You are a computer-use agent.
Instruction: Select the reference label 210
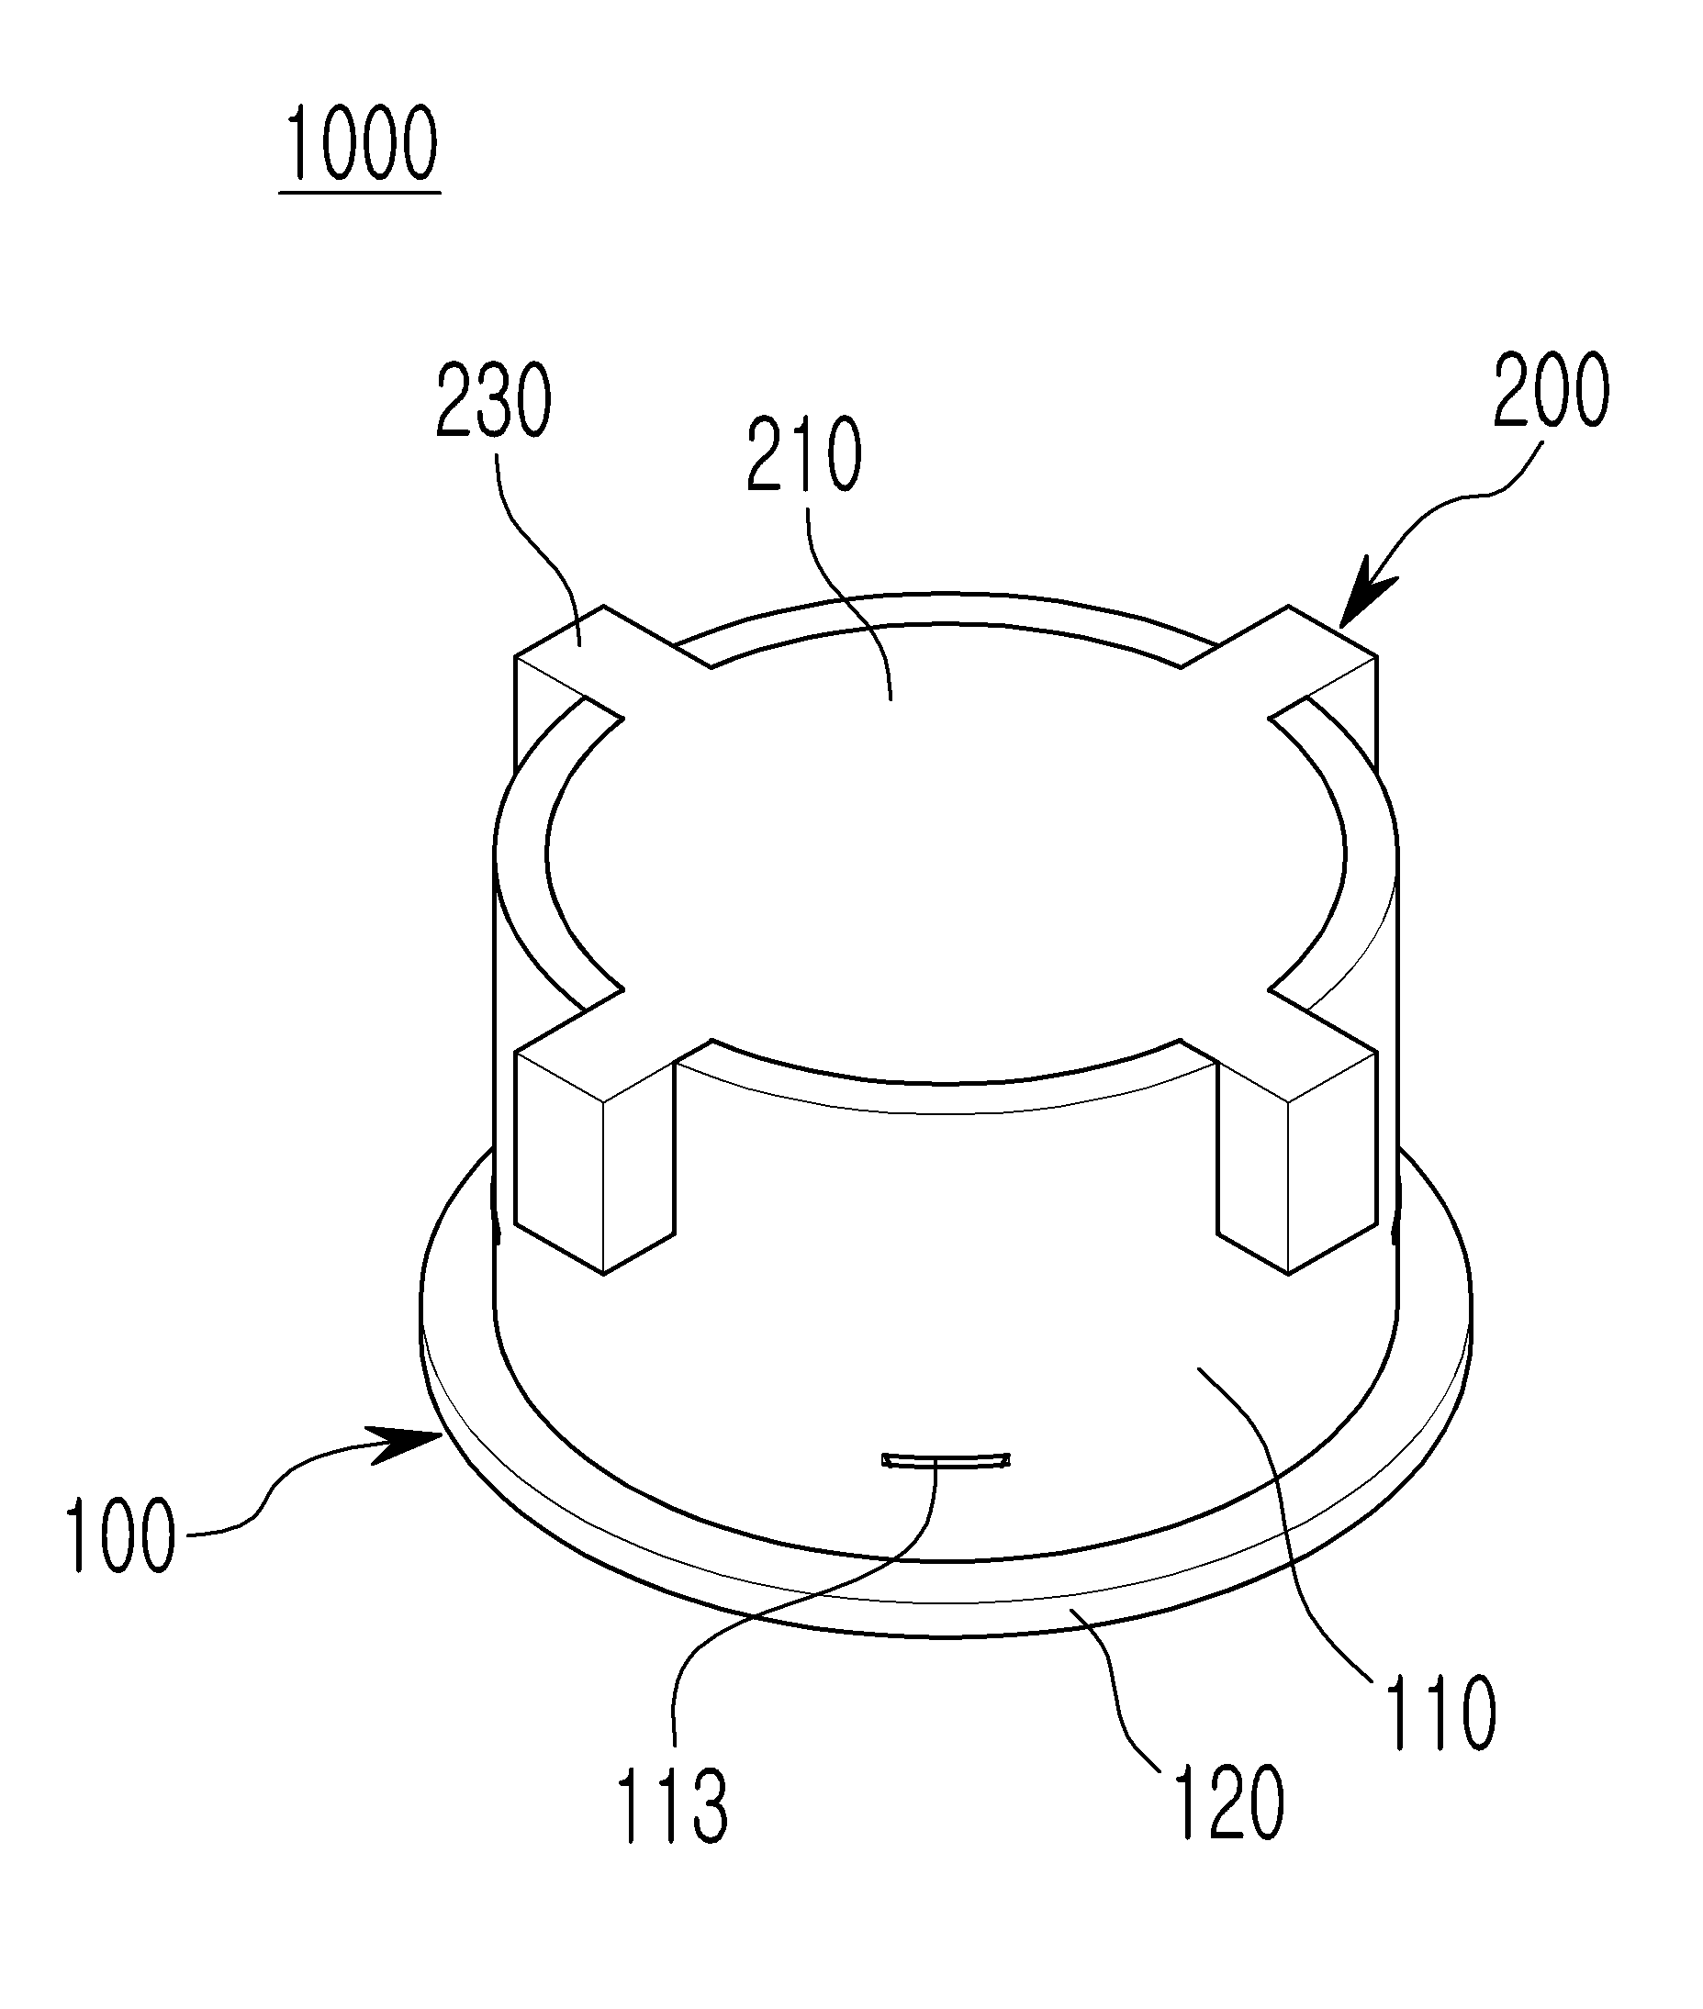click(804, 455)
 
